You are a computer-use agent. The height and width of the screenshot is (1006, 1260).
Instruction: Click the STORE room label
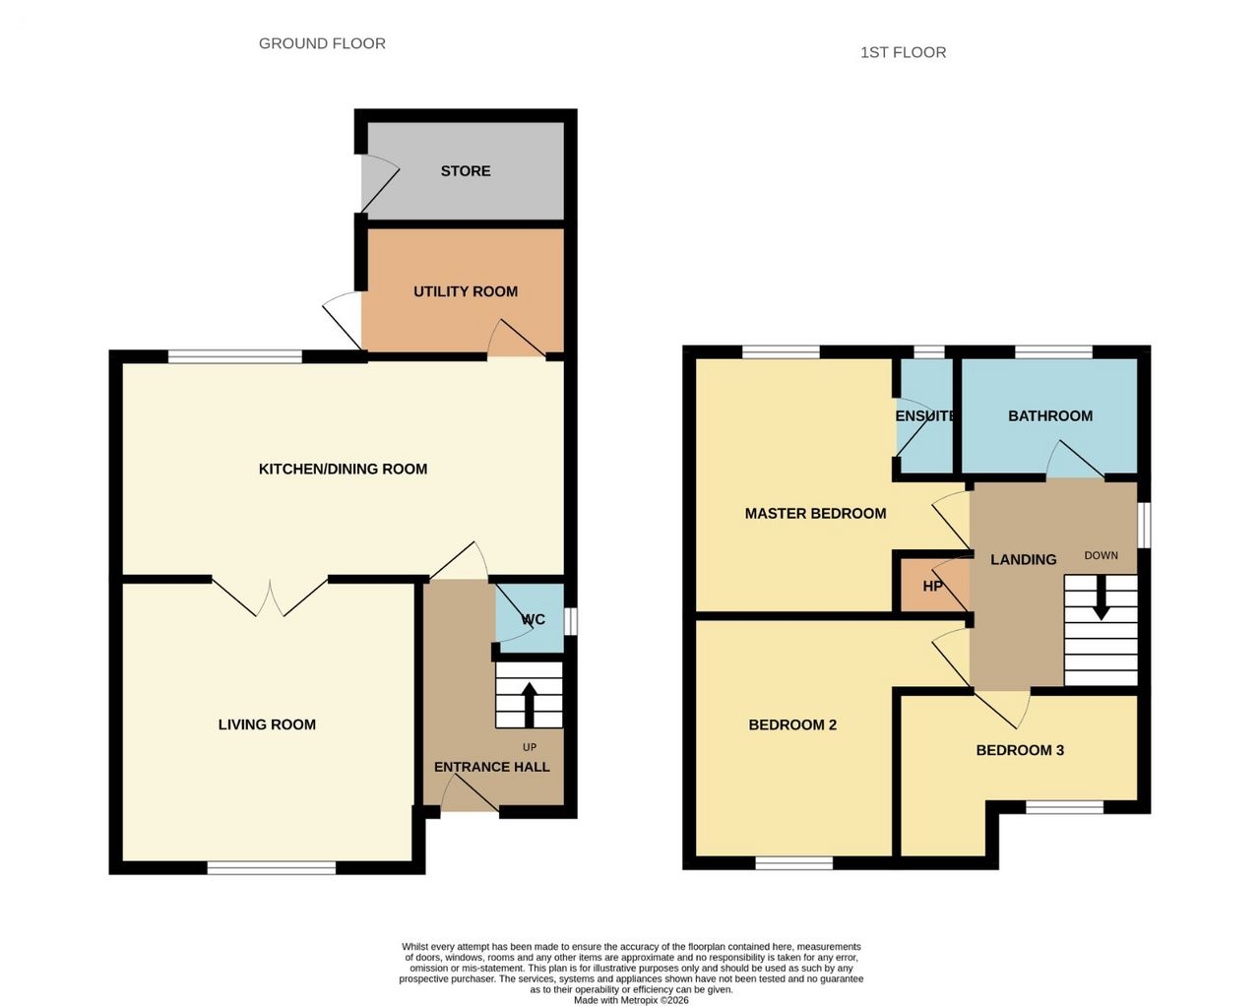[466, 171]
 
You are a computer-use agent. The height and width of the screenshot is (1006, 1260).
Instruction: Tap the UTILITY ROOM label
[466, 291]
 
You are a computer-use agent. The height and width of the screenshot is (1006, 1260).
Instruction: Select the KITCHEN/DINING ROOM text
[344, 469]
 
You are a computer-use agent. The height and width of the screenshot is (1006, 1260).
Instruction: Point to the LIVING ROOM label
[267, 724]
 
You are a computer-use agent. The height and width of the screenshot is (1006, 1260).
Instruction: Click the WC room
[530, 618]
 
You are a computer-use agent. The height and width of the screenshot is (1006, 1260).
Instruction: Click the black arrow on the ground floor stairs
[529, 705]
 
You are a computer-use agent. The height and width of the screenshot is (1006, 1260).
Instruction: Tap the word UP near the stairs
[530, 747]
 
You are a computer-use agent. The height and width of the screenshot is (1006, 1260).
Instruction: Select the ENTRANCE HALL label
[492, 767]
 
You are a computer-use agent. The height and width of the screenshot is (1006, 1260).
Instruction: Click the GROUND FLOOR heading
[322, 43]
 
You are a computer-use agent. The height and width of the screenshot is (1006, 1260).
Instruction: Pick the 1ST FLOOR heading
[904, 53]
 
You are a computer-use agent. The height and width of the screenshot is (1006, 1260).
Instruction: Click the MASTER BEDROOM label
[816, 514]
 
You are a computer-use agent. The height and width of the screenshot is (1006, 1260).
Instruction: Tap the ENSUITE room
[925, 415]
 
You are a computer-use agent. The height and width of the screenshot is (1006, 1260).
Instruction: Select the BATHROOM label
[1050, 415]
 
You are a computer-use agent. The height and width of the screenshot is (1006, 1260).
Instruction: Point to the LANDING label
[1024, 560]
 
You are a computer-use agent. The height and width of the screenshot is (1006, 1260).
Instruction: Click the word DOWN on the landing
[1102, 555]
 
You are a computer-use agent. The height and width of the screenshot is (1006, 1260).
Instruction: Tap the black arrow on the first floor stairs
[1102, 597]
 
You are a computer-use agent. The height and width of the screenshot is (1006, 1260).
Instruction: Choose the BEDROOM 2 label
[792, 724]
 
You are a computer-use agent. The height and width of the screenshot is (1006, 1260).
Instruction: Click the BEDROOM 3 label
[1020, 750]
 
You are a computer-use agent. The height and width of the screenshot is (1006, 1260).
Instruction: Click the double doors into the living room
[270, 597]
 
